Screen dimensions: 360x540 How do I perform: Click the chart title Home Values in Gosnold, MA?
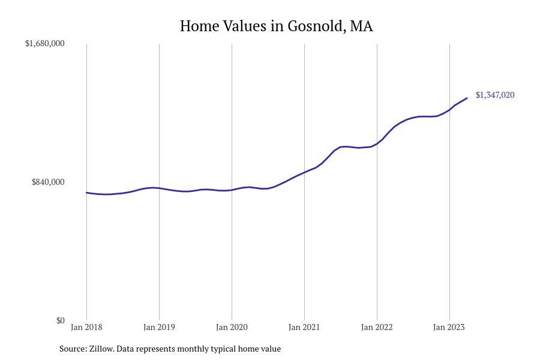[276, 26]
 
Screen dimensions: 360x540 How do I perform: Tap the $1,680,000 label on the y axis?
[45, 43]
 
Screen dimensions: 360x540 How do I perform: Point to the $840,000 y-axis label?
[48, 182]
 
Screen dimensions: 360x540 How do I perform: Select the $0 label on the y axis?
[60, 320]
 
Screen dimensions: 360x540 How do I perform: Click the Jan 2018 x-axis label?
[86, 327]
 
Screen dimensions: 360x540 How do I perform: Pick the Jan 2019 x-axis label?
[159, 327]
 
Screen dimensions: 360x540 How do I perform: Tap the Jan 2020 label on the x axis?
[232, 327]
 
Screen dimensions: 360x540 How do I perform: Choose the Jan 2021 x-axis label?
[304, 327]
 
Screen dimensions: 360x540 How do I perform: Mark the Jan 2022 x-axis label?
[377, 327]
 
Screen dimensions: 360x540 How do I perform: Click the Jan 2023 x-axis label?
[449, 327]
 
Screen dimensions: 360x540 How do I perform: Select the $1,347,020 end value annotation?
[495, 95]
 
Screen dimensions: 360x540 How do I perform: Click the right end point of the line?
[467, 98]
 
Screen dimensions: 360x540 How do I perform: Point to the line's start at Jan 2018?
[86, 193]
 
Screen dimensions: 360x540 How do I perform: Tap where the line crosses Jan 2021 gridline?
[304, 172]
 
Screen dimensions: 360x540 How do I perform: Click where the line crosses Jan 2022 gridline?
[377, 143]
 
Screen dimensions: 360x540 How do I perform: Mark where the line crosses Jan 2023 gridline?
[449, 110]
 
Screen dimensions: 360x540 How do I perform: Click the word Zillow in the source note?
[101, 349]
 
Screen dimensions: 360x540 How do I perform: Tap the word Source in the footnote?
[72, 349]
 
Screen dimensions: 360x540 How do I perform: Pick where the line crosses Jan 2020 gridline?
[232, 190]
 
